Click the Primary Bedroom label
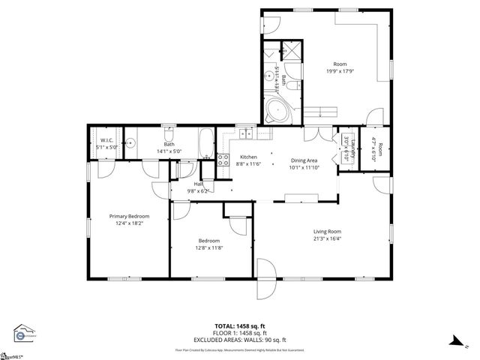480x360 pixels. click(x=124, y=215)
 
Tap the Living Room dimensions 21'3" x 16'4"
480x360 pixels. click(x=327, y=239)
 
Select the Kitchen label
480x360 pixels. click(x=247, y=157)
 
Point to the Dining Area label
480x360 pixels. click(x=304, y=160)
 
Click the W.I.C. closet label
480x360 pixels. click(x=105, y=141)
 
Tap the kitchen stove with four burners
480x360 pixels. click(x=223, y=159)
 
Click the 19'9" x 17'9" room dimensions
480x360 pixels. click(x=339, y=71)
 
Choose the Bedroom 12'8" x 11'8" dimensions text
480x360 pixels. click(x=208, y=247)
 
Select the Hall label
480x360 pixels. click(x=199, y=184)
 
